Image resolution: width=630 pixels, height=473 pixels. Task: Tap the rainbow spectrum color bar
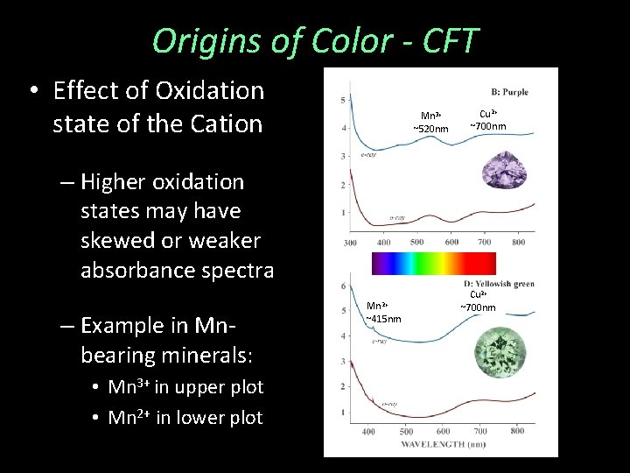(433, 264)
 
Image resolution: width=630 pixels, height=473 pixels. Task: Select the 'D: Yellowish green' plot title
(499, 284)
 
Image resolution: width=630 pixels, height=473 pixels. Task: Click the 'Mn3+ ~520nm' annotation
(430, 123)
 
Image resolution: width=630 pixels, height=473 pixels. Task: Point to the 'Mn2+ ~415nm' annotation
(382, 312)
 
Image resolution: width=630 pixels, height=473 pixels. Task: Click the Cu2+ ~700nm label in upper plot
(488, 120)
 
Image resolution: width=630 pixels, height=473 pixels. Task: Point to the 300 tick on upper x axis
(350, 243)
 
